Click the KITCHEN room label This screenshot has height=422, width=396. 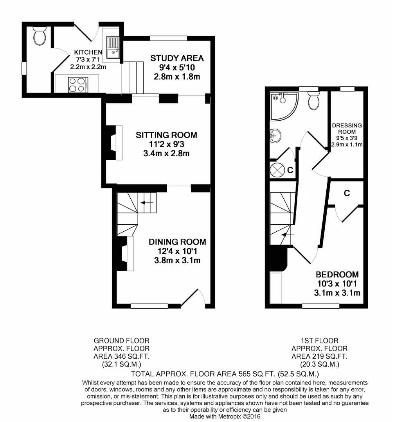88,52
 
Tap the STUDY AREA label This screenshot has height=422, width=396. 177,59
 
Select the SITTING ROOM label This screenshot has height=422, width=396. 166,135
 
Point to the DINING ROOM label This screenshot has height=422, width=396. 177,242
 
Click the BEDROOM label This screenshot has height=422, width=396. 337,274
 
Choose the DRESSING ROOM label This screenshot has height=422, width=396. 347,128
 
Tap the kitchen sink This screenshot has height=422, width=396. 113,46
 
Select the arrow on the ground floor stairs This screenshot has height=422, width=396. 146,203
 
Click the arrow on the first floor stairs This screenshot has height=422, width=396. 285,234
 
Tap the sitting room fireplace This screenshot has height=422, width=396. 113,143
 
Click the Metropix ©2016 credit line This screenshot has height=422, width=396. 225,417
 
